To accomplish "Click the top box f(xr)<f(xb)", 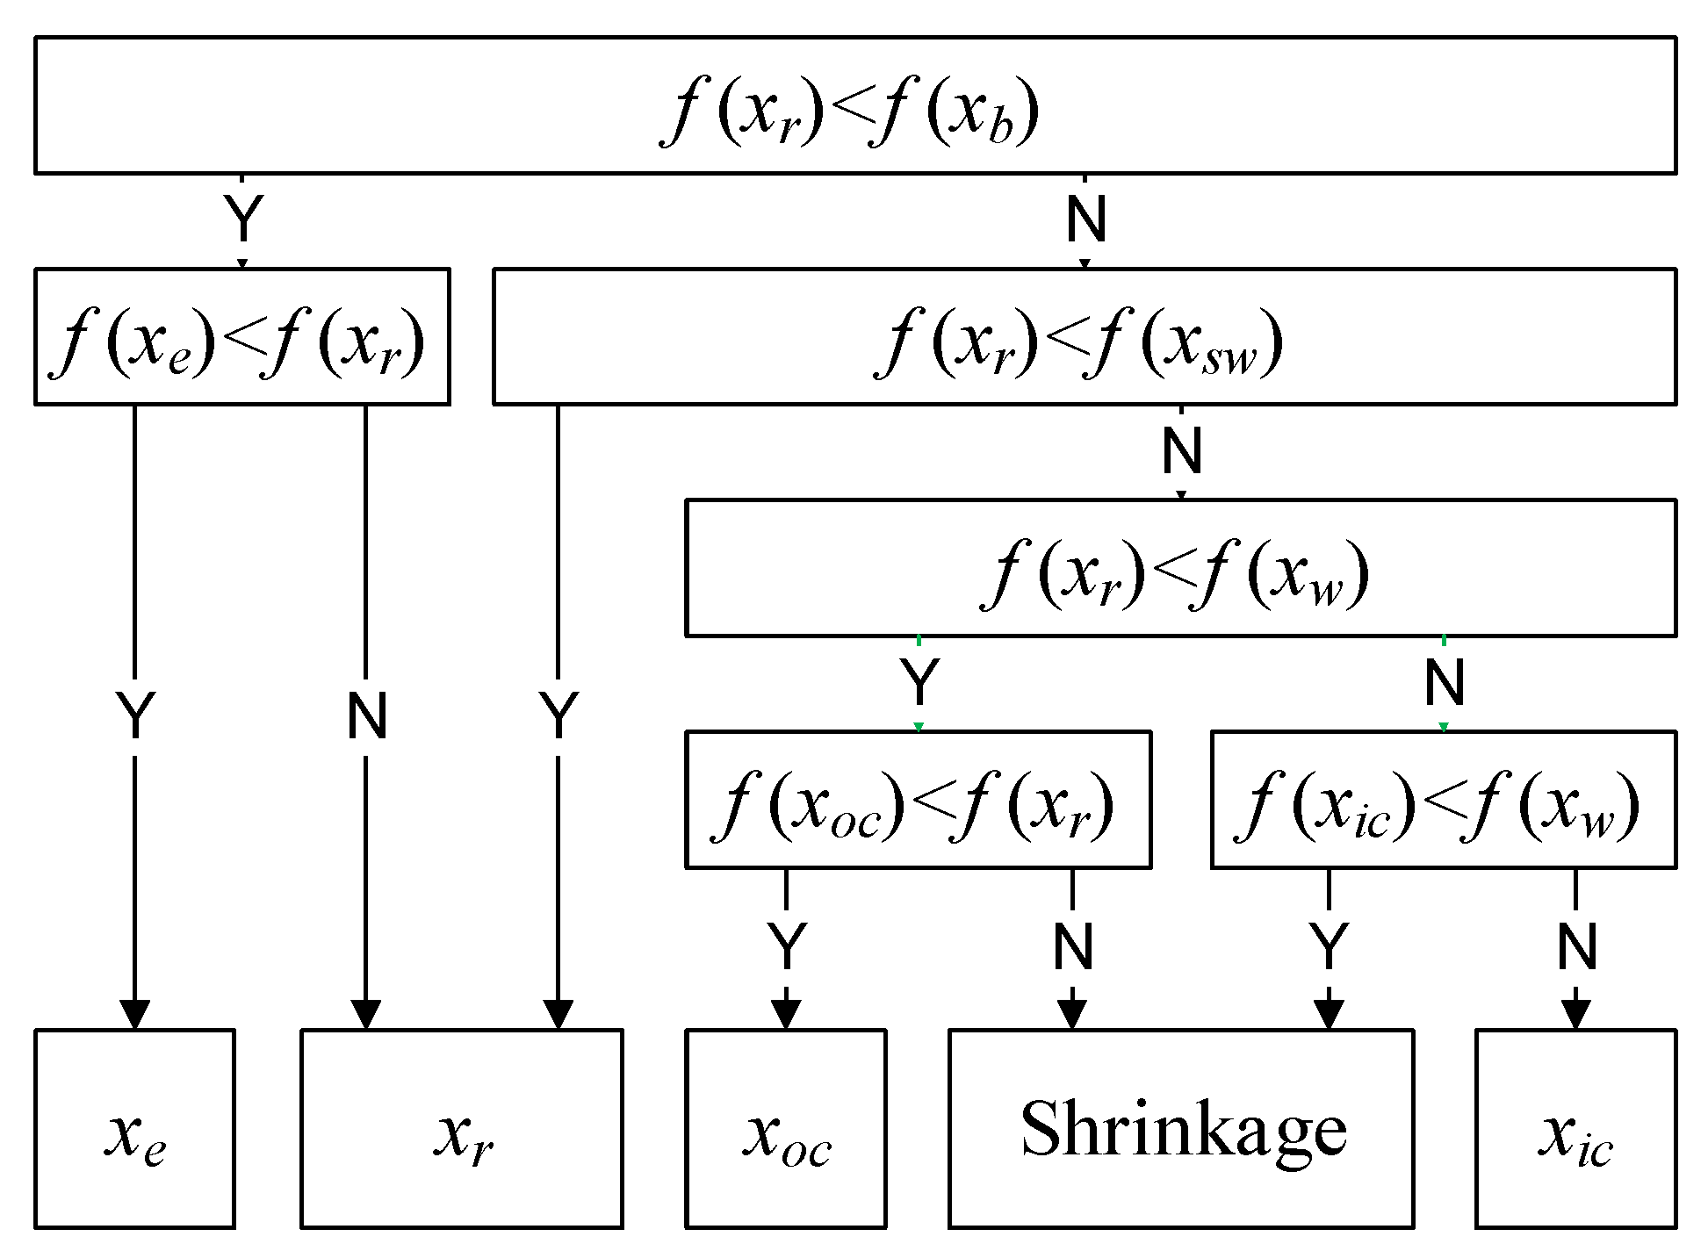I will [854, 105].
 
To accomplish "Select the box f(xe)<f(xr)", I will [242, 337].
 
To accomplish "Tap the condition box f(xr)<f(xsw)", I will [1084, 337].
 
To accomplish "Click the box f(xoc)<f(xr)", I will [918, 800].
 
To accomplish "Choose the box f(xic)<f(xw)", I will [1443, 800].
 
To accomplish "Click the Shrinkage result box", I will [1181, 1129].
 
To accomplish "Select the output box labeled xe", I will [134, 1129].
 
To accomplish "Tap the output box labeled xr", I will [462, 1129].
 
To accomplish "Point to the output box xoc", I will [785, 1129].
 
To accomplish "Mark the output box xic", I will [1575, 1129].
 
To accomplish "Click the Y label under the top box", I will [243, 219].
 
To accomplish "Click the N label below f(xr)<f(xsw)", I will [1182, 451].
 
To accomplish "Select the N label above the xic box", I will [1576, 947].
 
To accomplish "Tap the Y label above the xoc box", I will [787, 947].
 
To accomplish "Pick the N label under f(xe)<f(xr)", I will [367, 716].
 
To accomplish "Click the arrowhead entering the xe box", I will [134, 1014].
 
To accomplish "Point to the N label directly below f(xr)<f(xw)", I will [1445, 683].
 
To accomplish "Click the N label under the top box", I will [1086, 219].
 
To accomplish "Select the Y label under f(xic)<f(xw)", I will [1329, 947].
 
